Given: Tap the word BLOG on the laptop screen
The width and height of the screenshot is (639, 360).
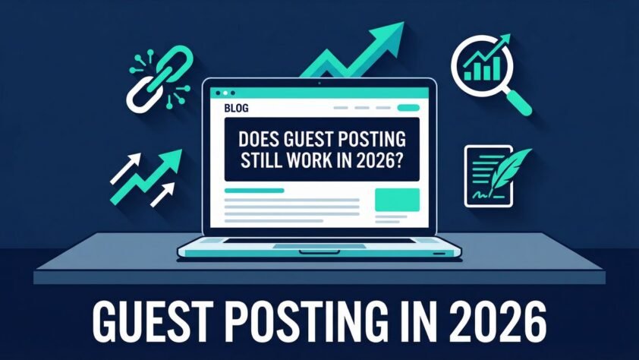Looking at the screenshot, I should (x=236, y=109).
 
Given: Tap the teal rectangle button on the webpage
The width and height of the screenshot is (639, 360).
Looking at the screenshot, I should (x=397, y=201).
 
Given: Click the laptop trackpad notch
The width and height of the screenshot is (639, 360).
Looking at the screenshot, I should (x=319, y=251).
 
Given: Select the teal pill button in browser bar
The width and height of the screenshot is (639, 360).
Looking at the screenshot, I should (x=408, y=108).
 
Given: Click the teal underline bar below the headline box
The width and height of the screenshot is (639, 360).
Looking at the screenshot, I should (x=254, y=191).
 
